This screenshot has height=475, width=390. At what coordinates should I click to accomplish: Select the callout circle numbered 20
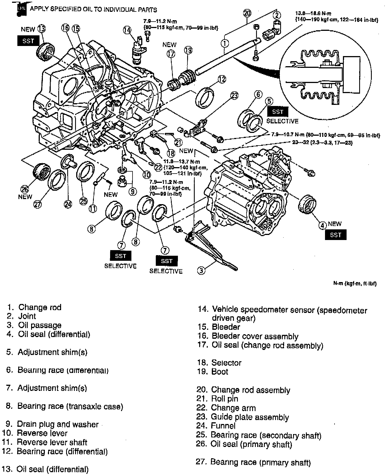(x=247, y=13)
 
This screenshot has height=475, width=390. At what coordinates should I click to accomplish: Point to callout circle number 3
(x=201, y=270)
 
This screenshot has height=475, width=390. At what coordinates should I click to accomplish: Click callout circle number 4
(x=323, y=225)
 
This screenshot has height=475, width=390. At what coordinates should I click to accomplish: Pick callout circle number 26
(x=25, y=189)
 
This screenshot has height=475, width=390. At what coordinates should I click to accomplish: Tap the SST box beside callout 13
(x=28, y=41)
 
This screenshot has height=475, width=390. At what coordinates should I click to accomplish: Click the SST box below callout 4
(x=335, y=235)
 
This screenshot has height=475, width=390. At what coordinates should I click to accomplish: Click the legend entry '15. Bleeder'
(x=219, y=327)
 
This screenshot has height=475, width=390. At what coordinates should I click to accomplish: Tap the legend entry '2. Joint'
(x=22, y=316)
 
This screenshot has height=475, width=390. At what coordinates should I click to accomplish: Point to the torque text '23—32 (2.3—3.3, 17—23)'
(x=322, y=143)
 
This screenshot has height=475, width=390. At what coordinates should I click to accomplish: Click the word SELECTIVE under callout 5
(x=282, y=121)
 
